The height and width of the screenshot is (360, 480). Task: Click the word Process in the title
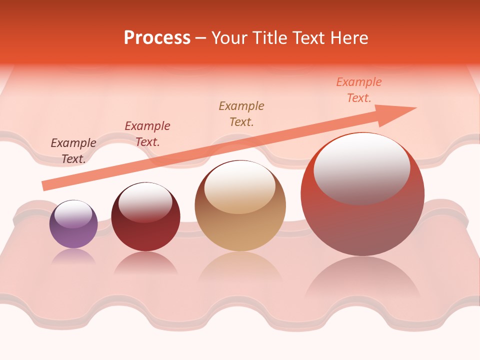(x=157, y=37)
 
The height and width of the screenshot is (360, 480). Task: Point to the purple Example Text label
(x=73, y=150)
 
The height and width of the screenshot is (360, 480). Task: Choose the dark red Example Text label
(x=147, y=133)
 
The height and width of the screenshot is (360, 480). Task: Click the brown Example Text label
(x=241, y=113)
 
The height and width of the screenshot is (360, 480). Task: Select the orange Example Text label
(x=359, y=89)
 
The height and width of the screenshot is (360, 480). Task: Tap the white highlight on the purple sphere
(x=73, y=214)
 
